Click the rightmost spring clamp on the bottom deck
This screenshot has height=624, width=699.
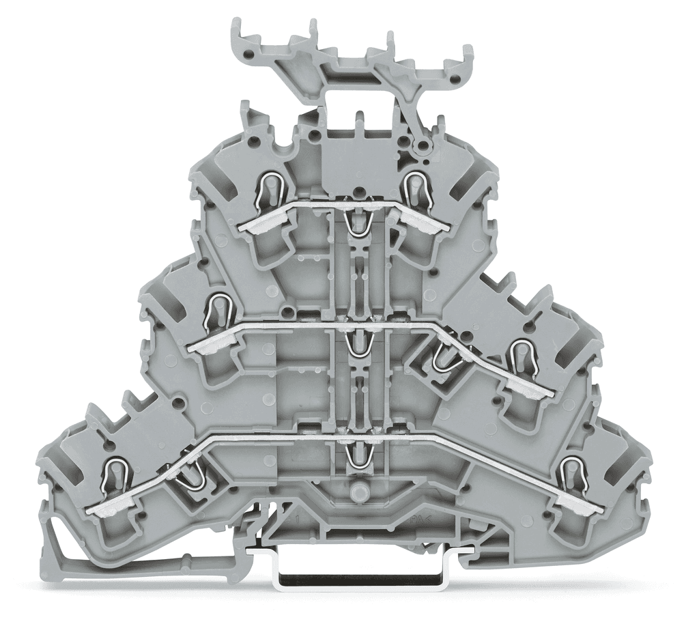(572, 473)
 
